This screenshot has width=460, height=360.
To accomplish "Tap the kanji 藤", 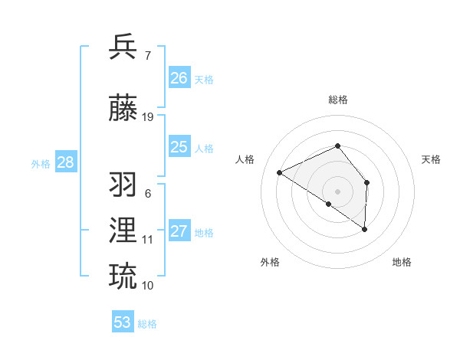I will click(123, 109).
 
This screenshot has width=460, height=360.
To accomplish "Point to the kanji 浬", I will click(123, 231).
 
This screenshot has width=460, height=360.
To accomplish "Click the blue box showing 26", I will click(179, 78).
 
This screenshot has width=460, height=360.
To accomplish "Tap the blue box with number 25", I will click(179, 147).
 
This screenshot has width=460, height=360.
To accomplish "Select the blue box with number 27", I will click(179, 231).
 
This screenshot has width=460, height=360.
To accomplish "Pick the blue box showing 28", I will click(65, 162).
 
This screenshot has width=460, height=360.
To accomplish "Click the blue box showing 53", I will click(123, 322).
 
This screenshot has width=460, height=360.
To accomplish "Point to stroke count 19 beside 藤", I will click(148, 117).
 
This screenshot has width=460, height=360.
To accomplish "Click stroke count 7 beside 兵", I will click(147, 55).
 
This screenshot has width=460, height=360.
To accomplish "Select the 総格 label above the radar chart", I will click(337, 100).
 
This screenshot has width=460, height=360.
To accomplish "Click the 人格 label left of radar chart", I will click(245, 159).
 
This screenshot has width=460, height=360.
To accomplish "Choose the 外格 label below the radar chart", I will click(269, 262).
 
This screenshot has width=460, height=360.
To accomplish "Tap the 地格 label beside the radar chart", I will click(402, 262).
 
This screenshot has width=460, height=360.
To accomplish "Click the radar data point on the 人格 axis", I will click(280, 172).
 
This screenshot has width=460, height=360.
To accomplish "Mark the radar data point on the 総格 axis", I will click(337, 146).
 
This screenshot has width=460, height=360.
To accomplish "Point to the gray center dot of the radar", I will click(337, 191).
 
